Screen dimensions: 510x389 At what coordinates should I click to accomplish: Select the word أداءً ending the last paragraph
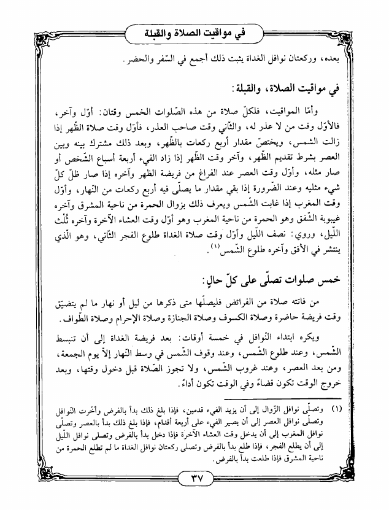tap(174, 384)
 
